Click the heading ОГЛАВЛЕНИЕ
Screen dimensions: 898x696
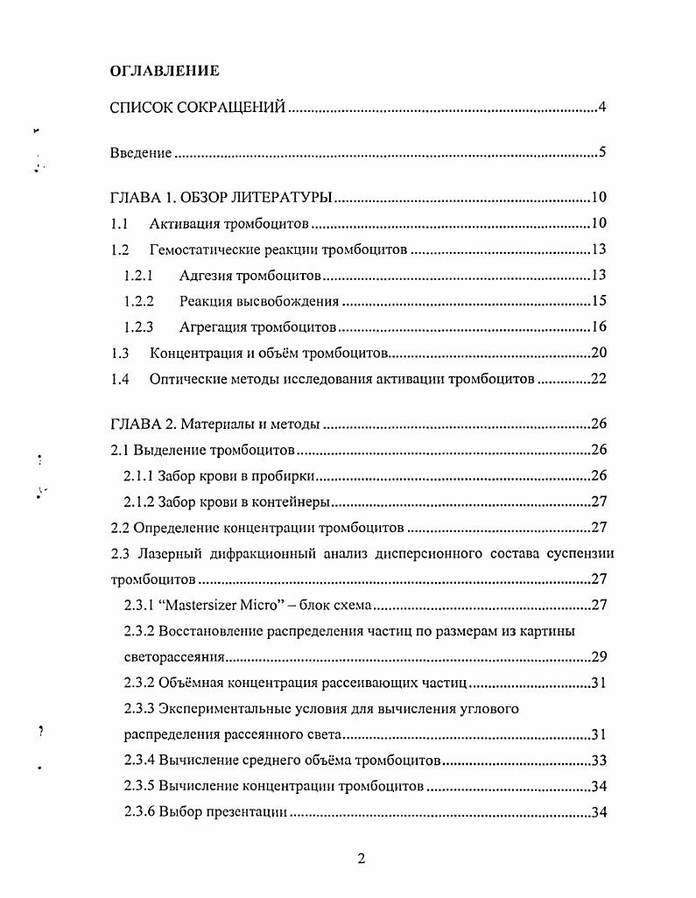tap(164, 70)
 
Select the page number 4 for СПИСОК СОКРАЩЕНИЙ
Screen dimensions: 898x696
tap(602, 109)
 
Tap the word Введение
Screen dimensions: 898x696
tap(140, 153)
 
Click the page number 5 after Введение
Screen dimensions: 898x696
tap(602, 153)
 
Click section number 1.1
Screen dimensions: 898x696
tap(120, 224)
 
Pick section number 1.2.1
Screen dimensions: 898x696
tap(138, 277)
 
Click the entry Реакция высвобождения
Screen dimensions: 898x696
tap(259, 303)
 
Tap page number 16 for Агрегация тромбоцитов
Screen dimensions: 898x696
tap(599, 329)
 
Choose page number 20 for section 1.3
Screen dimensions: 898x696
tap(599, 355)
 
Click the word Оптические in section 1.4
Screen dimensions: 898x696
tap(185, 381)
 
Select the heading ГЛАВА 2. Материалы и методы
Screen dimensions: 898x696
tap(215, 425)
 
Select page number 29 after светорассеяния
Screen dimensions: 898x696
tap(599, 656)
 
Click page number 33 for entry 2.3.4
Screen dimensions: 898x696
tap(599, 760)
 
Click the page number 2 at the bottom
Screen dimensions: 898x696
tap(361, 859)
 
